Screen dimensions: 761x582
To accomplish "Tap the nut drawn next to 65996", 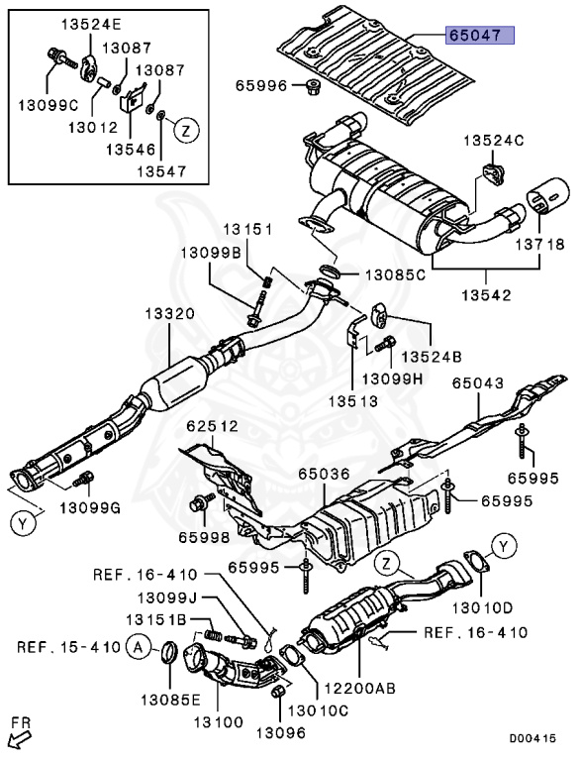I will tap(309, 86).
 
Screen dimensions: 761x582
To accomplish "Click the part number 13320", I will tap(171, 313).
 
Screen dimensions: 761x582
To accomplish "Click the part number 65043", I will tap(478, 383).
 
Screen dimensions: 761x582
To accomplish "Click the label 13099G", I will tap(89, 508).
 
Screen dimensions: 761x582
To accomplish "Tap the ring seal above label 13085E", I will tap(168, 654).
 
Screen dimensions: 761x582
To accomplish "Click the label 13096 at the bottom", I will tap(281, 733).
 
